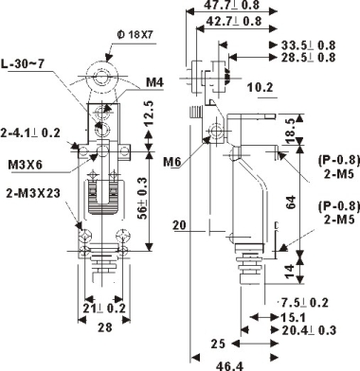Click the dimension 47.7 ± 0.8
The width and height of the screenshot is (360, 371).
tap(231, 5)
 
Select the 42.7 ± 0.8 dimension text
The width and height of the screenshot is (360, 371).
tap(233, 21)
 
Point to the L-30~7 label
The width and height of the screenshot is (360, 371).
tap(23, 64)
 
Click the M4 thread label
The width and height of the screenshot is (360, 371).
tap(154, 82)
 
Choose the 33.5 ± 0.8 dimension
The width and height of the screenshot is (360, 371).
tap(308, 45)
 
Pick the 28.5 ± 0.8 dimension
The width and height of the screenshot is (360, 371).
tap(308, 58)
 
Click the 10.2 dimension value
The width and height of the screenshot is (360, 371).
tap(260, 87)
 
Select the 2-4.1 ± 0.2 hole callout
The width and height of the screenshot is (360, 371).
tap(30, 132)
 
